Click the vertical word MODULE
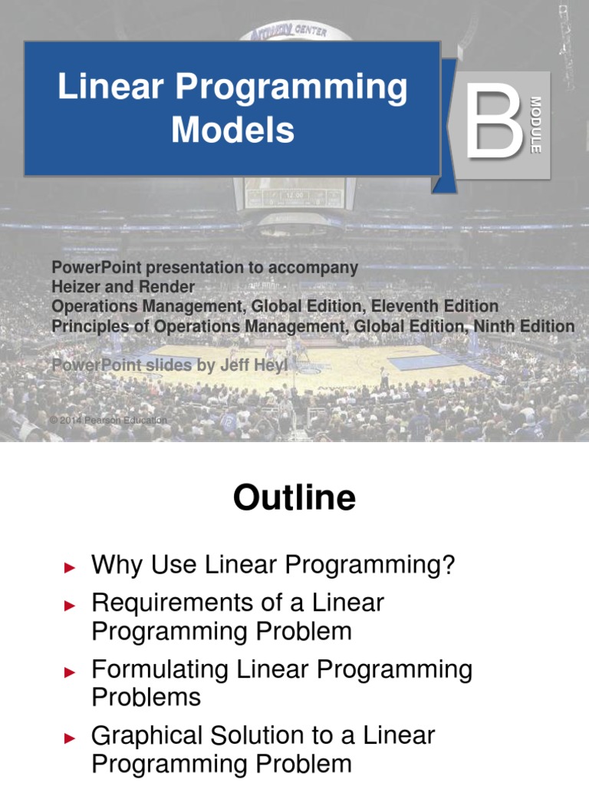(536, 124)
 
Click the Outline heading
(294, 498)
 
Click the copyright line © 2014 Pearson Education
(107, 421)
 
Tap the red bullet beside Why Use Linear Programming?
(71, 568)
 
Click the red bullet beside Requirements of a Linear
(71, 605)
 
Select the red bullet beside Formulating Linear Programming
(71, 672)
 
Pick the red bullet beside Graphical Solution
(71, 738)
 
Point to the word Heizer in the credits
(76, 287)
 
